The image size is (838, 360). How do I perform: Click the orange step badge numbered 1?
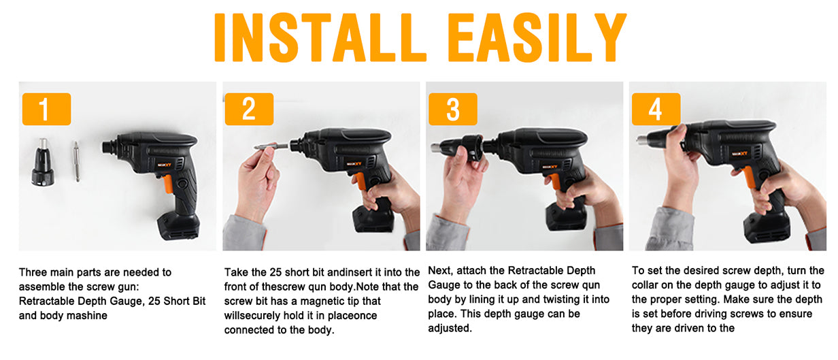pos(46,109)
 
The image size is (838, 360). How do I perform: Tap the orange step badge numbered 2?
pos(249,109)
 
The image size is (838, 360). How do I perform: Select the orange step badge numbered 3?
pos(453,109)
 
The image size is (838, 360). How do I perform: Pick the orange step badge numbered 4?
pos(656,109)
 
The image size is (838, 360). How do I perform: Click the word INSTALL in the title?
pos(320,37)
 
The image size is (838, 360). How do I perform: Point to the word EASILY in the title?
pos(537,37)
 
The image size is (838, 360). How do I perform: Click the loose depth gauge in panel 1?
pos(43,162)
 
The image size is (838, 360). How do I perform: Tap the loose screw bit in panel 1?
pos(76,161)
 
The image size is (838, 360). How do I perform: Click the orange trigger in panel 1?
pos(167,184)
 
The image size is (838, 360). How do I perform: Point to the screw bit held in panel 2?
pos(271,146)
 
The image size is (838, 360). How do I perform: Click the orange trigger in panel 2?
pos(360,181)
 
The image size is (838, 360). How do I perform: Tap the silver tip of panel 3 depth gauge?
pos(436,148)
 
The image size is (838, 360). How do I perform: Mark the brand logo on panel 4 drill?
pos(739,153)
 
